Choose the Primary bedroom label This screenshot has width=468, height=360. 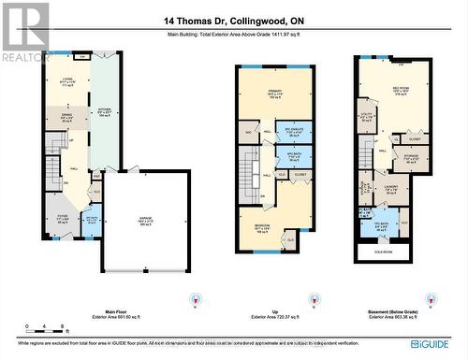click(275, 93)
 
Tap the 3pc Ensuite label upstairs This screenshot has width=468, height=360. click(297, 132)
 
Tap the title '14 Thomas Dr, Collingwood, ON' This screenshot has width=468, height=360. click(233, 22)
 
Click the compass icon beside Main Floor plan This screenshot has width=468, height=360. click(195, 301)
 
